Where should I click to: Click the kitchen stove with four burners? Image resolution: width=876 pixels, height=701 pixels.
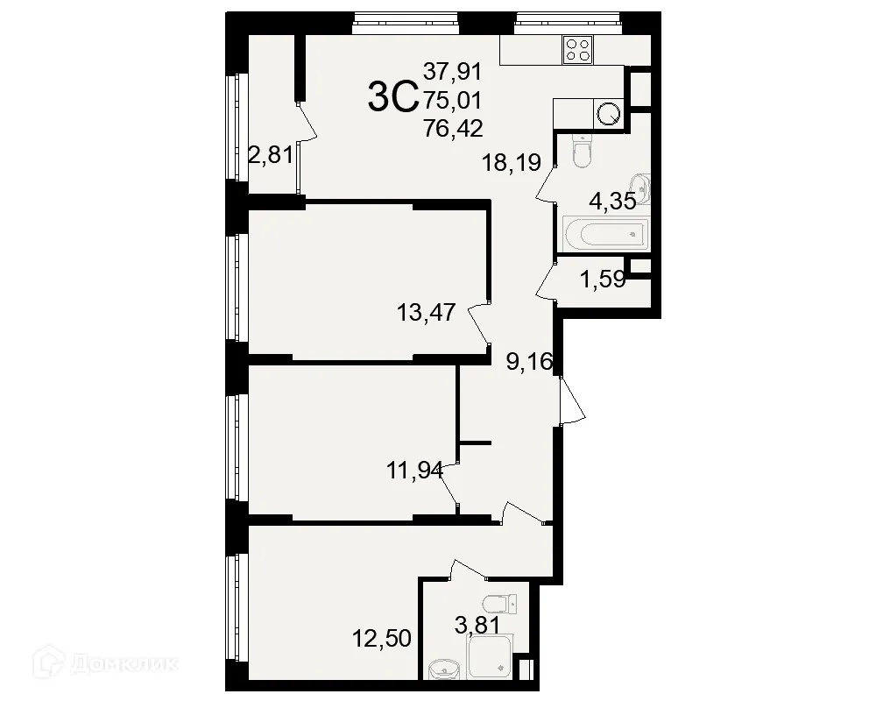click(576, 49)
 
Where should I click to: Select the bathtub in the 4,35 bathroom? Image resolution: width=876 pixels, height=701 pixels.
click(604, 233)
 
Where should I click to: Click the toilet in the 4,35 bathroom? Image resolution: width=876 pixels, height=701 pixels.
click(581, 154)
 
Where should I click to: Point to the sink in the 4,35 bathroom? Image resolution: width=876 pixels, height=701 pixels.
click(644, 186)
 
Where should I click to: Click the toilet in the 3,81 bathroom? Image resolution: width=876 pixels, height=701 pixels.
click(498, 604)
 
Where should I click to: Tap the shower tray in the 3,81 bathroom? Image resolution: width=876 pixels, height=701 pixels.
click(489, 657)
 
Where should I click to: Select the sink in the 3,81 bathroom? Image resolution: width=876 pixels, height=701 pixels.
click(443, 669)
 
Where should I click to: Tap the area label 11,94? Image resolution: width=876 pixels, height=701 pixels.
click(415, 471)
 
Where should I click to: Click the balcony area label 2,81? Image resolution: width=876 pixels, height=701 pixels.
click(272, 156)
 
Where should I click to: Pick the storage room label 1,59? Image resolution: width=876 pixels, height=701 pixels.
click(602, 282)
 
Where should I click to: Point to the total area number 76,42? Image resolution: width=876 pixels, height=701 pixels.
click(453, 130)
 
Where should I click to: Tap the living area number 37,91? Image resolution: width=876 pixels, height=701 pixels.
click(453, 70)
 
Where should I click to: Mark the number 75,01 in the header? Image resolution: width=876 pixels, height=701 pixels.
click(453, 100)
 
